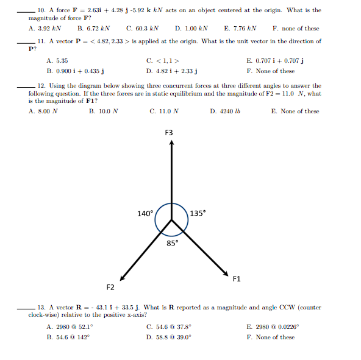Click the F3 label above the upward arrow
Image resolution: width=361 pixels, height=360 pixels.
[169, 133]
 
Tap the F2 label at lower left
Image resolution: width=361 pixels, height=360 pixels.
[110, 286]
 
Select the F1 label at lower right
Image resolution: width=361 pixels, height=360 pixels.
[237, 279]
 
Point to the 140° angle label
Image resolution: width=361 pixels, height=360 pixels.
[145, 214]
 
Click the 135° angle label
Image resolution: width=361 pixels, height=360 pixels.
[198, 213]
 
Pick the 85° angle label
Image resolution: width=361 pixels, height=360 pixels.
[173, 244]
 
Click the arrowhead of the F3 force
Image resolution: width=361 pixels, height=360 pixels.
[172, 144]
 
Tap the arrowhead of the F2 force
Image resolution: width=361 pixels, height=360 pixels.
[124, 274]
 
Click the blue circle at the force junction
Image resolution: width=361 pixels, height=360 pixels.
[172, 219]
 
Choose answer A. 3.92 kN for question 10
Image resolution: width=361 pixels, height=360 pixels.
[45, 28]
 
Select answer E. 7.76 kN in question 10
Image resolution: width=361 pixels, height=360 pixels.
[240, 28]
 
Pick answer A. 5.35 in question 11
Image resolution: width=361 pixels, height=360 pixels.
[57, 61]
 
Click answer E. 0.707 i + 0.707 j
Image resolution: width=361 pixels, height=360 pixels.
[275, 61]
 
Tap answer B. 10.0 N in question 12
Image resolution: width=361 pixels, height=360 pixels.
[103, 111]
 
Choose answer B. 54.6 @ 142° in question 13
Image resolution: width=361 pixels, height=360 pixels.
[68, 337]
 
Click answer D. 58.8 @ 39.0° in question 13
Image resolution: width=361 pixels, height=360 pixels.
[169, 337]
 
